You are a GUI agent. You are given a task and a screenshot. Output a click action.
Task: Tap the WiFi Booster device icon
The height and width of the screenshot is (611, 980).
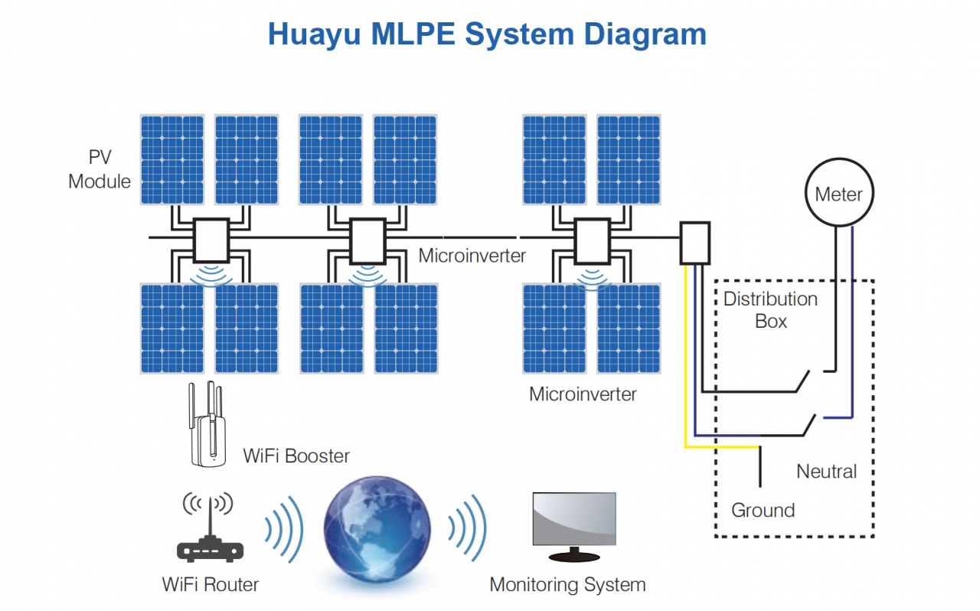pyautogui.click(x=207, y=424)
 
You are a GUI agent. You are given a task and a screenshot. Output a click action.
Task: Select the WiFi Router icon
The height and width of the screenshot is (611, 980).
pyautogui.click(x=210, y=528)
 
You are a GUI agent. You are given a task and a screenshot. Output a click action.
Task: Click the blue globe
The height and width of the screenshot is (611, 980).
pyautogui.click(x=377, y=529)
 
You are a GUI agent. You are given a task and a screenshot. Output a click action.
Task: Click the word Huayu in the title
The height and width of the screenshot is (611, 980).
pyautogui.click(x=314, y=35)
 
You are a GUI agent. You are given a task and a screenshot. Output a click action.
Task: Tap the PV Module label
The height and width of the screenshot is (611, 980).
pyautogui.click(x=100, y=169)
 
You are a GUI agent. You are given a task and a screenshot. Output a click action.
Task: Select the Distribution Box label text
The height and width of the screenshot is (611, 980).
pyautogui.click(x=770, y=310)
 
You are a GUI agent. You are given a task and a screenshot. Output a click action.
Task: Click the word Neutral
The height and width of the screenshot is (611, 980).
pyautogui.click(x=826, y=472)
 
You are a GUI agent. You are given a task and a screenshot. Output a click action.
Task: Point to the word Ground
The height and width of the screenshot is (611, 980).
pyautogui.click(x=763, y=511)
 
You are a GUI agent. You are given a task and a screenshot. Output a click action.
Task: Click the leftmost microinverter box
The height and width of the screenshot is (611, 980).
pyautogui.click(x=211, y=240)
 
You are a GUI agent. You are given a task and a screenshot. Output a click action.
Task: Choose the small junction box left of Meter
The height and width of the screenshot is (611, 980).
pyautogui.click(x=694, y=243)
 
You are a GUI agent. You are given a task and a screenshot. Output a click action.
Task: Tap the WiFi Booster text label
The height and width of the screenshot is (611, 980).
pyautogui.click(x=296, y=456)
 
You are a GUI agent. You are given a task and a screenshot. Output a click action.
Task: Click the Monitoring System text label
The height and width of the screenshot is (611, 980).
pyautogui.click(x=567, y=585)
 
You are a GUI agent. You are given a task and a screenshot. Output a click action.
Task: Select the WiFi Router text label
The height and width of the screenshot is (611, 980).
pyautogui.click(x=210, y=585)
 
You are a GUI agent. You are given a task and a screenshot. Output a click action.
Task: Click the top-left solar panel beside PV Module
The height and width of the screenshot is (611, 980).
pyautogui.click(x=172, y=160)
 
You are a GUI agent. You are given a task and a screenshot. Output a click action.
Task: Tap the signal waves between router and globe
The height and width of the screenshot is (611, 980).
pyautogui.click(x=284, y=529)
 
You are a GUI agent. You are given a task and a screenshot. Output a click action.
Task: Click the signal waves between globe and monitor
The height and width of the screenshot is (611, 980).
pyautogui.click(x=467, y=528)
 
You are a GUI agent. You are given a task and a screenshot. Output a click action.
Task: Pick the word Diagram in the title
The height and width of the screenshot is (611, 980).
pyautogui.click(x=645, y=35)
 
